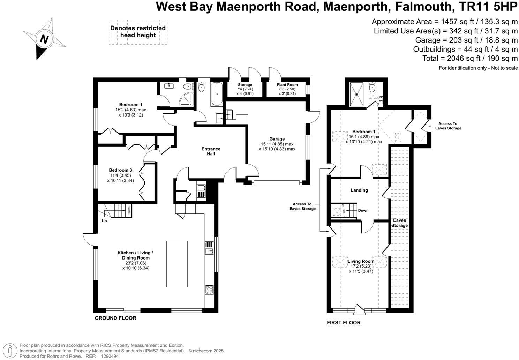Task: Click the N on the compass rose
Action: pyautogui.click(x=44, y=39)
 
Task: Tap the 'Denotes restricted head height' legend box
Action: pyautogui.click(x=138, y=32)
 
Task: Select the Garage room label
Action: pyautogui.click(x=277, y=139)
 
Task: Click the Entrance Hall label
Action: pyautogui.click(x=211, y=151)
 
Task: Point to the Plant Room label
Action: pyautogui.click(x=287, y=85)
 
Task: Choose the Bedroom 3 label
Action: pyautogui.click(x=120, y=170)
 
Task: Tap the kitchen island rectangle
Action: pyautogui.click(x=177, y=264)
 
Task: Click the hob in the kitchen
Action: pyautogui.click(x=209, y=290)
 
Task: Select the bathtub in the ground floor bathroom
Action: pyautogui.click(x=217, y=94)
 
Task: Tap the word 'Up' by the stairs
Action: pyautogui.click(x=104, y=221)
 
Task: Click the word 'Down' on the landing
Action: pyautogui.click(x=363, y=210)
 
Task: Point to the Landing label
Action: pyautogui.click(x=359, y=190)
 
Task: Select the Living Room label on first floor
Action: pyautogui.click(x=361, y=261)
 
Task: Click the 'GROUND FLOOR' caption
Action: pyautogui.click(x=115, y=318)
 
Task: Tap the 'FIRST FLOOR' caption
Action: pyautogui.click(x=344, y=322)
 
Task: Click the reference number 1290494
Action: pyautogui.click(x=110, y=356)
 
